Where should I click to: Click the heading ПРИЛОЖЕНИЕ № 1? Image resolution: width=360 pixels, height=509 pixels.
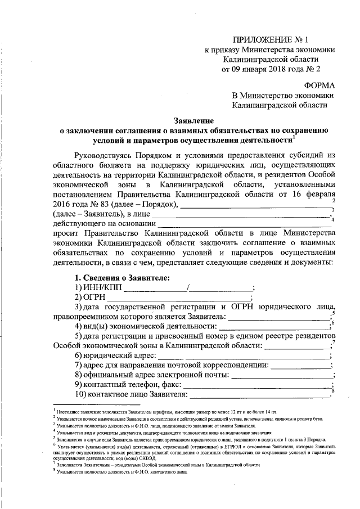[271, 39]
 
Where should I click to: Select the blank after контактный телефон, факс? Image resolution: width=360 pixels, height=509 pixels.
[256, 386]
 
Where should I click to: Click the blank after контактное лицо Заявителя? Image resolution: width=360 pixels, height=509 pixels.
[259, 396]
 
